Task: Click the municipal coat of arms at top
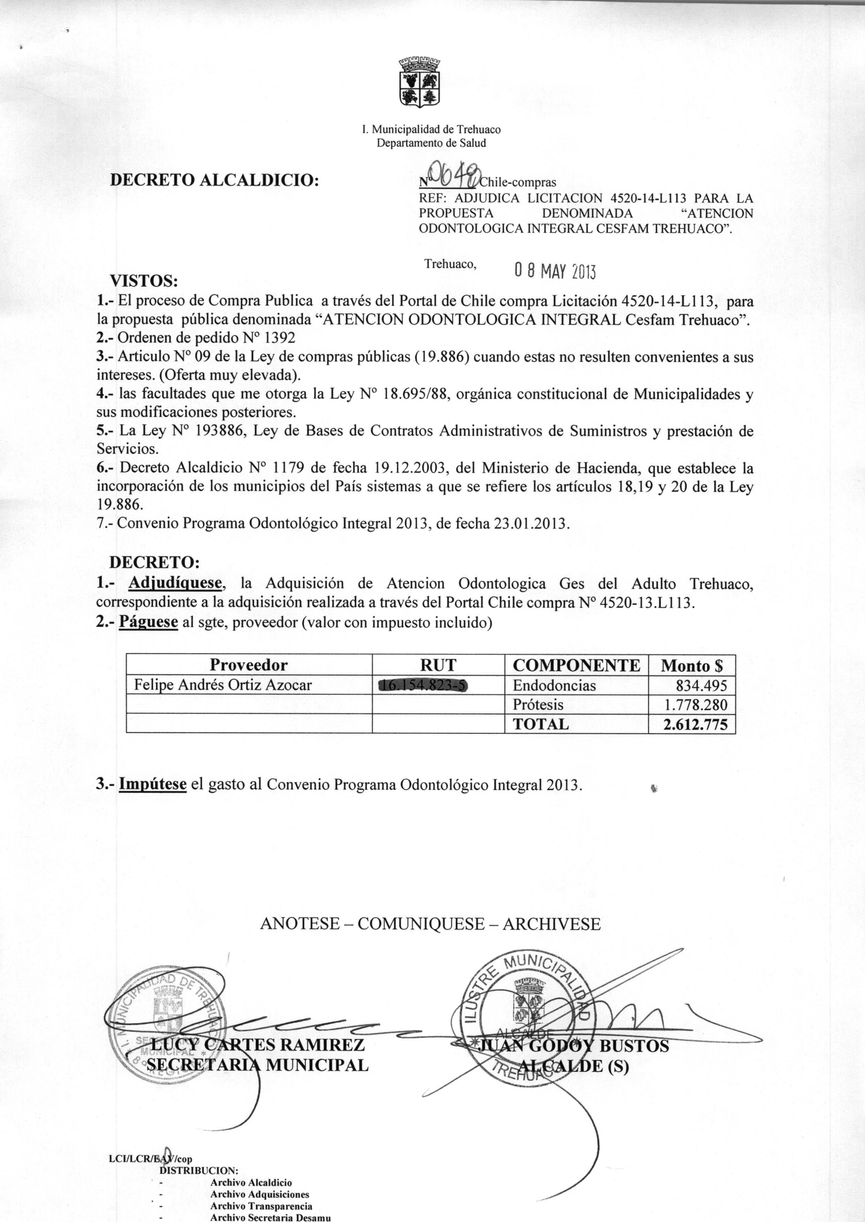(420, 83)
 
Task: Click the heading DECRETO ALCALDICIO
(215, 180)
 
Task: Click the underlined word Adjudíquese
(175, 583)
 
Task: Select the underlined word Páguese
(148, 622)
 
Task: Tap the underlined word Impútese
(152, 784)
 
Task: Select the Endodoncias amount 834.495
(701, 685)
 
